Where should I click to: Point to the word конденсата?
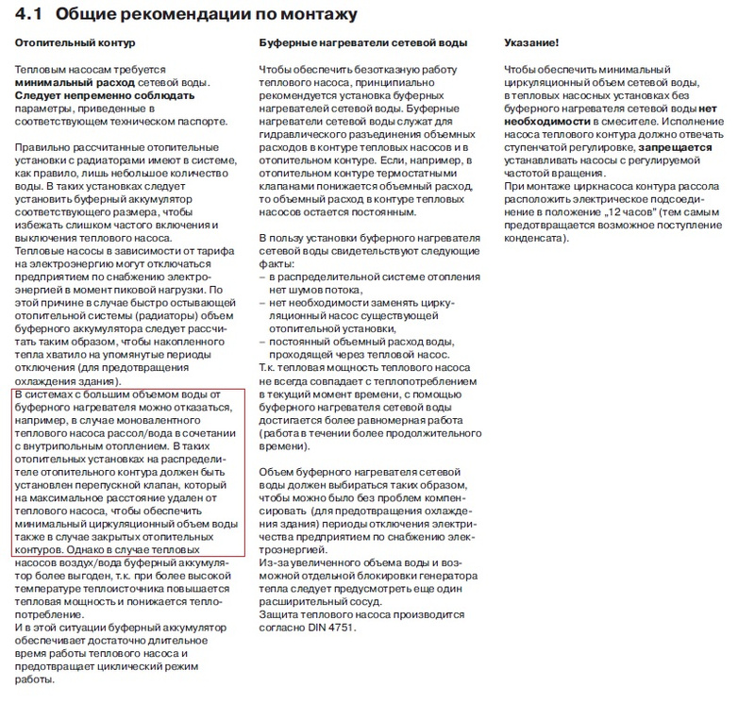tap(535, 237)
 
